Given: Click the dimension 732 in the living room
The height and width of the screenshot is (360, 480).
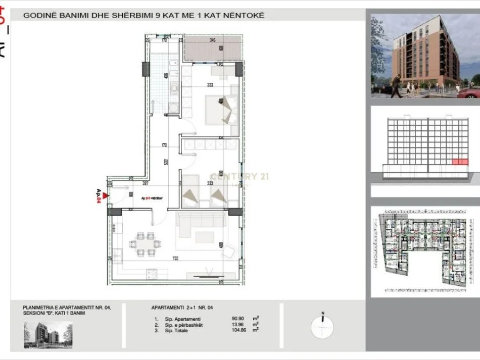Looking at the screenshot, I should click(x=175, y=259).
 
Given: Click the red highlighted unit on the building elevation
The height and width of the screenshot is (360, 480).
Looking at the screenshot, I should click(x=459, y=162).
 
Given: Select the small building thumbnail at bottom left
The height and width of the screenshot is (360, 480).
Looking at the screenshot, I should click(x=47, y=335).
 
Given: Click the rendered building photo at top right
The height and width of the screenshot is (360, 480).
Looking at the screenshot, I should click(x=425, y=56).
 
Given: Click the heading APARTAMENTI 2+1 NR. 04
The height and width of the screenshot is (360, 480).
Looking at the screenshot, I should click(x=179, y=307).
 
